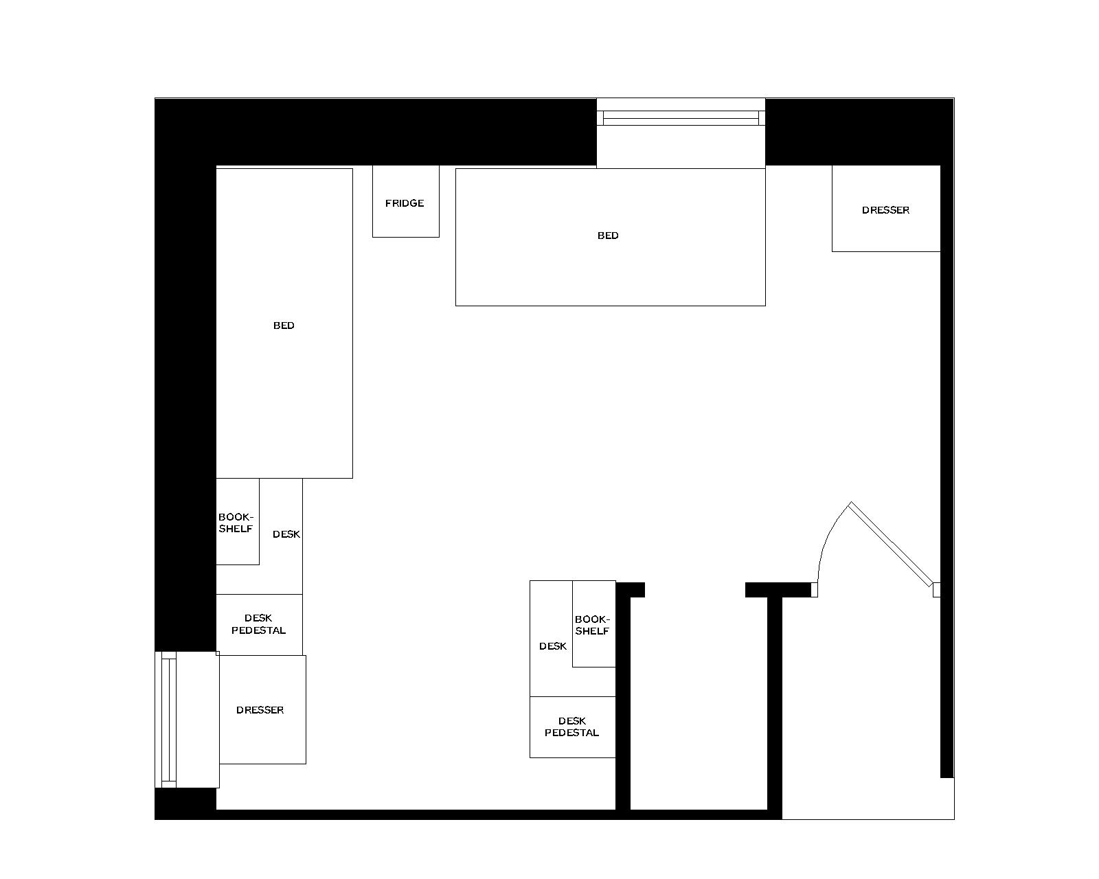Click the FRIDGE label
[x=405, y=203]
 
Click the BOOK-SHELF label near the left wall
[x=236, y=523]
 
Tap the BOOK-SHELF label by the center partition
[x=592, y=625]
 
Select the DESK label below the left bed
[x=286, y=534]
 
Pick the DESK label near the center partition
[x=552, y=646]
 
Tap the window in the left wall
[x=168, y=719]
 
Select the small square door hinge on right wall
[x=936, y=589]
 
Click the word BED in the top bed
[x=608, y=236]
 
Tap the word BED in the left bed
[x=284, y=326]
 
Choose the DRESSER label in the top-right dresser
[x=885, y=210]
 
